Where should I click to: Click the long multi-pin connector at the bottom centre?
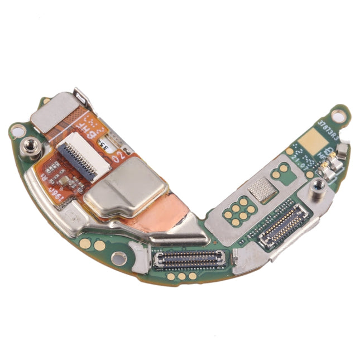click(x=190, y=257)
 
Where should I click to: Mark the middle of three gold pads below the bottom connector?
click(x=181, y=276)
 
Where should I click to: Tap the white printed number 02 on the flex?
click(x=119, y=158)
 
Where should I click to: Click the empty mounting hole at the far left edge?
click(x=17, y=132)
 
